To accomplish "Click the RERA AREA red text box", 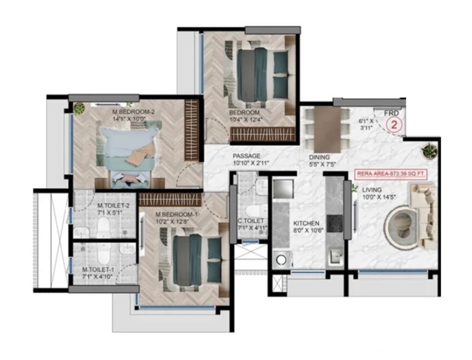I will point(391,174).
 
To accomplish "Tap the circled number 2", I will point(394,124).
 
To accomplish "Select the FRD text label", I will point(392,113).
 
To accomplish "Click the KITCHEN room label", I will point(307,223).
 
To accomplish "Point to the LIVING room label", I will point(372,190).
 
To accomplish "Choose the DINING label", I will point(319,157).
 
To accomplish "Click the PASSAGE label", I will point(246,156).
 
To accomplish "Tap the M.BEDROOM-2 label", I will point(133,112).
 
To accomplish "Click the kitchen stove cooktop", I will point(336,223).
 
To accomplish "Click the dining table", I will point(328,130).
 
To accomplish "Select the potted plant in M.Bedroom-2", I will point(79,109).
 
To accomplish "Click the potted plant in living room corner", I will point(428,151).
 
